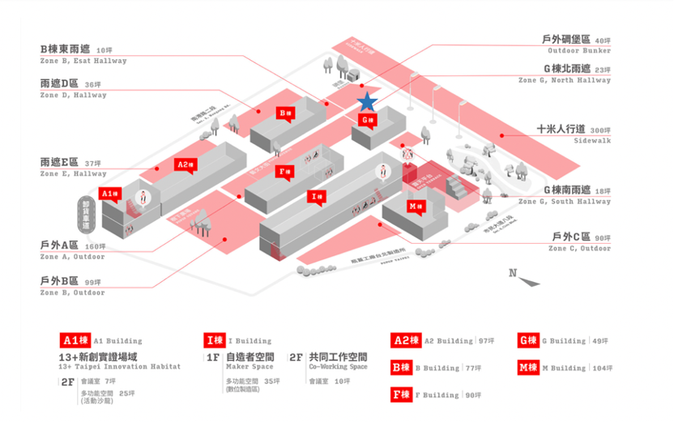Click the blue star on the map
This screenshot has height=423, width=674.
367,101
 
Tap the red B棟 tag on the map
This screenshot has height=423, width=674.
284,113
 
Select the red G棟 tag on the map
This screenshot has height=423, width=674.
368,120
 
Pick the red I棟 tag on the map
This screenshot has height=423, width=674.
318,196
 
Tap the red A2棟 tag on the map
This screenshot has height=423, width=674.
186,164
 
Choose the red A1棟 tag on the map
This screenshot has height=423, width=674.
109,193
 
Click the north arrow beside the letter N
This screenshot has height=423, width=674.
530,280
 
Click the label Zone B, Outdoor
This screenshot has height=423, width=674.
72,293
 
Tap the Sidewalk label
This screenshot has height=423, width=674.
592,141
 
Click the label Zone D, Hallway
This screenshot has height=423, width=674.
73,95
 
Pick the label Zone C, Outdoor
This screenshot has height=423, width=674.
579,249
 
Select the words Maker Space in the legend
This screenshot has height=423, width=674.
250,367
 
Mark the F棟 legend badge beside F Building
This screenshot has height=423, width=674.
401,395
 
